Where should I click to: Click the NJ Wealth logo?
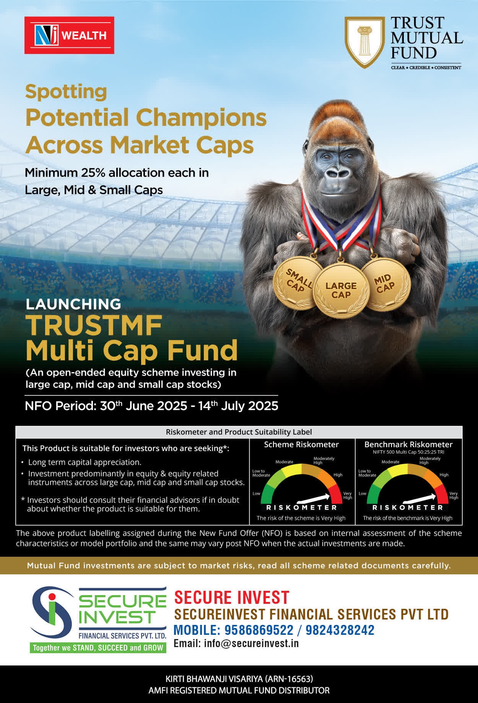click(x=69, y=35)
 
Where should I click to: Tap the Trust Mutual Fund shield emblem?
click(x=364, y=42)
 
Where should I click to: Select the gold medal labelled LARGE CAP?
click(x=341, y=290)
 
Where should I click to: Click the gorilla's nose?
click(x=338, y=173)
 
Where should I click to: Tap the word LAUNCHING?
click(x=73, y=304)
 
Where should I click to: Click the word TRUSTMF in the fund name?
click(x=94, y=325)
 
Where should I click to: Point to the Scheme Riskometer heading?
click(x=301, y=445)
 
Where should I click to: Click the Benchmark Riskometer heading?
click(x=408, y=445)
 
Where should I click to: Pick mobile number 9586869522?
click(x=259, y=630)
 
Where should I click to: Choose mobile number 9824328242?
click(x=340, y=630)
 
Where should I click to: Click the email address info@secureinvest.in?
click(x=251, y=643)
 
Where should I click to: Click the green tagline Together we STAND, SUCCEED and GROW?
click(x=98, y=648)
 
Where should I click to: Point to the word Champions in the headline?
click(x=202, y=117)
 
